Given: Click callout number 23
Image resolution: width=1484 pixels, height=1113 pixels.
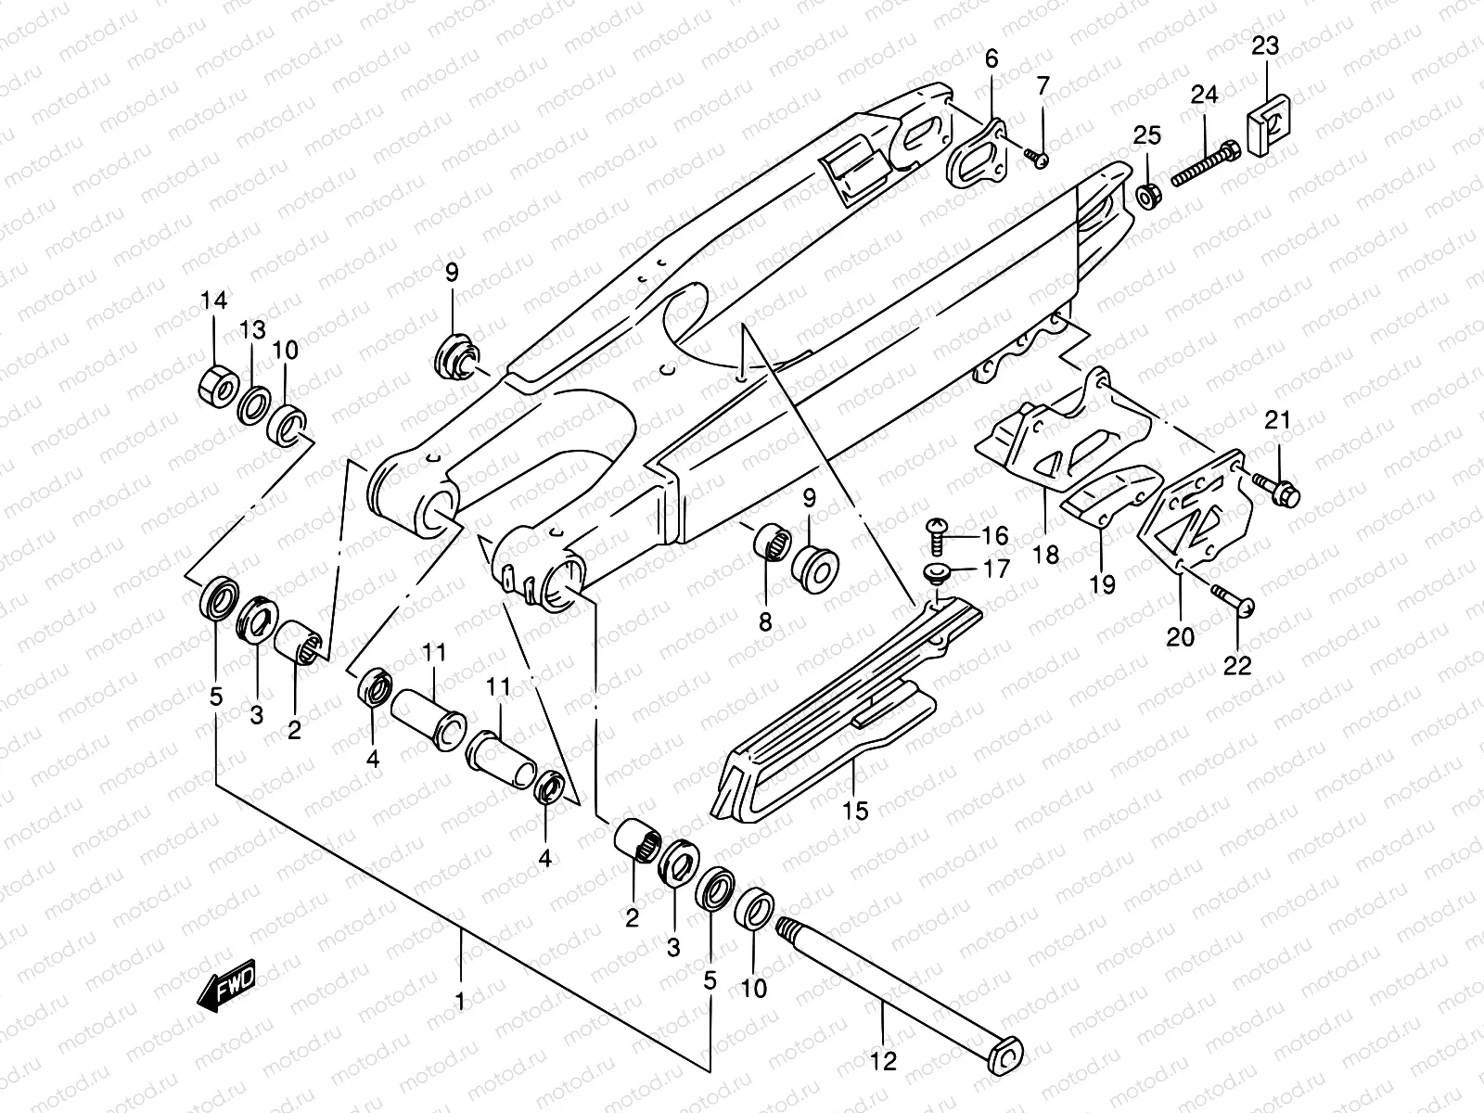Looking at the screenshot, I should (1265, 45).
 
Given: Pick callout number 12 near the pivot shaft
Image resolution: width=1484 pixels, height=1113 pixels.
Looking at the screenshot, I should (884, 1061).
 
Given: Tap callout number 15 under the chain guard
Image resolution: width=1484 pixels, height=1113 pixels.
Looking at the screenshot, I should (855, 811).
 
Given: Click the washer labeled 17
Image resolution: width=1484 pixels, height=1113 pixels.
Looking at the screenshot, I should (938, 570).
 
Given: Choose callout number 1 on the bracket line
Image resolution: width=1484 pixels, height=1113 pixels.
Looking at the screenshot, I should (460, 1002).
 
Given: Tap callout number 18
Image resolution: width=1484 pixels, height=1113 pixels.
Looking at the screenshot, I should (1045, 555).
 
